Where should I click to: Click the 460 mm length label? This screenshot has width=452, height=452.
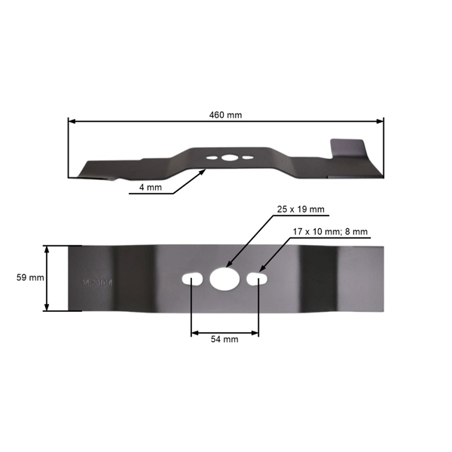tap(225, 115)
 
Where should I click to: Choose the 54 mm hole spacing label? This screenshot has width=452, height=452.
tap(224, 340)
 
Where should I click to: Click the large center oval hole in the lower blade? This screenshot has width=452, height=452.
tap(224, 279)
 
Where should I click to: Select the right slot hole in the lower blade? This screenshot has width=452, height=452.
tap(257, 279)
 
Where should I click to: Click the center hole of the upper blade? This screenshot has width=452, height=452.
tap(228, 158)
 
